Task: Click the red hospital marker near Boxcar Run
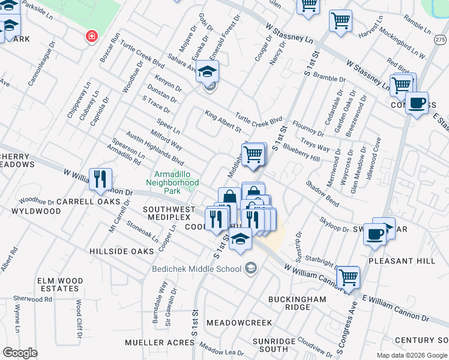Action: pyautogui.click(x=91, y=37)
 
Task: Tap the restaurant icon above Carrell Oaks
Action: pyautogui.click(x=100, y=179)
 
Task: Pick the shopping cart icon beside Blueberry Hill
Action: pyautogui.click(x=254, y=154)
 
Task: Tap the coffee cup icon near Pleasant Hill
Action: pyautogui.click(x=375, y=234)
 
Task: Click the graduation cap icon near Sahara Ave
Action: pyautogui.click(x=207, y=71)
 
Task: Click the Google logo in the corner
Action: pyautogui.click(x=20, y=353)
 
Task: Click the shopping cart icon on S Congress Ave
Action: pyautogui.click(x=348, y=277)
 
